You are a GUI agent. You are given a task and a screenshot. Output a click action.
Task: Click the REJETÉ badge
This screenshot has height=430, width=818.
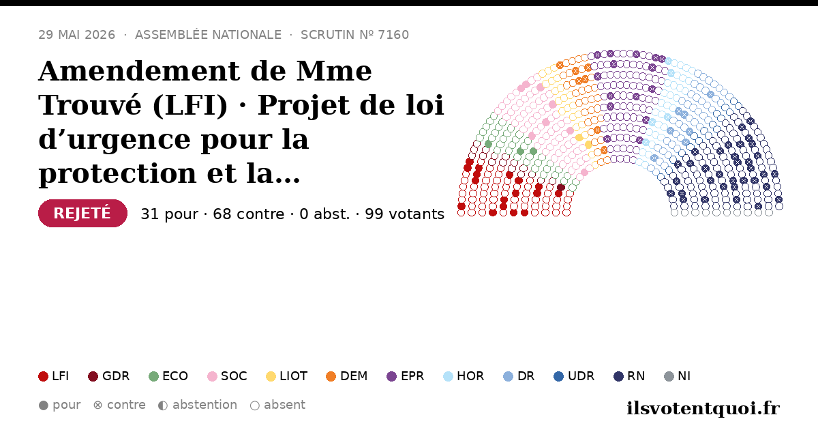pyautogui.click(x=82, y=213)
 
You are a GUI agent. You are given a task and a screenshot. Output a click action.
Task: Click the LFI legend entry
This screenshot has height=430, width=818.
pyautogui.click(x=54, y=376)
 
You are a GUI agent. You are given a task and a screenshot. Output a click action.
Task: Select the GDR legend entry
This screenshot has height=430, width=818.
pyautogui.click(x=109, y=376)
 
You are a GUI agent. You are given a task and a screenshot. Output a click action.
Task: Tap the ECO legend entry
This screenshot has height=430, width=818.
pyautogui.click(x=168, y=376)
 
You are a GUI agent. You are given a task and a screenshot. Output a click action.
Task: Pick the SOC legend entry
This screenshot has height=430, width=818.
pyautogui.click(x=227, y=376)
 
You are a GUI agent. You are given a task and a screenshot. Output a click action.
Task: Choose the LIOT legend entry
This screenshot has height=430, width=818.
pyautogui.click(x=287, y=376)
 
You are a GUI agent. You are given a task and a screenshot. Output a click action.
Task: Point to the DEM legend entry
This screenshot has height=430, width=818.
pyautogui.click(x=346, y=376)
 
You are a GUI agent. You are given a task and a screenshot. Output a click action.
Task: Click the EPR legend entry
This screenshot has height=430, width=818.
pyautogui.click(x=406, y=376)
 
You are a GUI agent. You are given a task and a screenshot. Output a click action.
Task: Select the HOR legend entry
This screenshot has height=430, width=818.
pyautogui.click(x=464, y=376)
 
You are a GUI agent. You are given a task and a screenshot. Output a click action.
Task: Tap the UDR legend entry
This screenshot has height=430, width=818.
pyautogui.click(x=574, y=376)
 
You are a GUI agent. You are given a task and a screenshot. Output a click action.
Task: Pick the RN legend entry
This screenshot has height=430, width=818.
pyautogui.click(x=629, y=376)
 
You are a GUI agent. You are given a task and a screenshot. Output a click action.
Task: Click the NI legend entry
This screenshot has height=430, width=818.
pyautogui.click(x=678, y=376)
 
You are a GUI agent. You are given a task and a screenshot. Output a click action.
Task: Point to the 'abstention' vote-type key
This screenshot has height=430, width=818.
pyautogui.click(x=198, y=405)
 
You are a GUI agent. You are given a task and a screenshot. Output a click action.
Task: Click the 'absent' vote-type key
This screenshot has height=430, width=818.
pyautogui.click(x=277, y=405)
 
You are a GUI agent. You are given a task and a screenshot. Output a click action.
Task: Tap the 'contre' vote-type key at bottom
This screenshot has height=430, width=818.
pyautogui.click(x=119, y=405)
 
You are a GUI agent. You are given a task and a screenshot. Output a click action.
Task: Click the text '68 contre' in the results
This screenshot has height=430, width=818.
pyautogui.click(x=248, y=214)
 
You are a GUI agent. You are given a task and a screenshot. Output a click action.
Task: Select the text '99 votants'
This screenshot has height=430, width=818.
pyautogui.click(x=405, y=214)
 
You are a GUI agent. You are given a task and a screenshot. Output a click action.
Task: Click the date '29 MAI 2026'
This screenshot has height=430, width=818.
pyautogui.click(x=76, y=35)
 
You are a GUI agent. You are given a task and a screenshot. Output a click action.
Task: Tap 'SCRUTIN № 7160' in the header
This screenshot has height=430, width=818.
pyautogui.click(x=354, y=35)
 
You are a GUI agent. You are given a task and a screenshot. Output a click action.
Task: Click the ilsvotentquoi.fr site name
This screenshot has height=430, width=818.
pyautogui.click(x=703, y=408)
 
